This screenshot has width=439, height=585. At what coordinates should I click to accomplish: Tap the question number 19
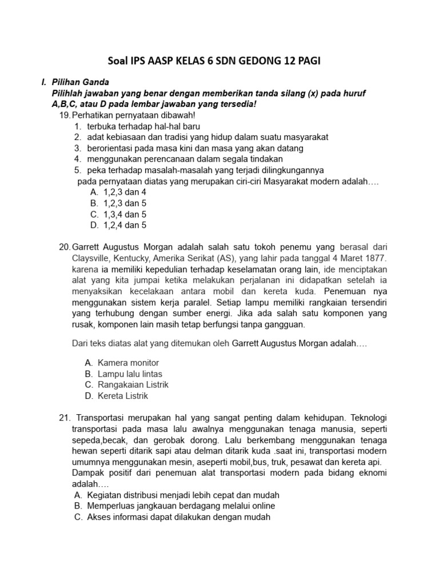point(65,115)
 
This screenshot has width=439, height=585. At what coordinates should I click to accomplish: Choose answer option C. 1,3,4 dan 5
point(118,214)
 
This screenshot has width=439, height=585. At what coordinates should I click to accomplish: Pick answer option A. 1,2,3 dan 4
point(118,193)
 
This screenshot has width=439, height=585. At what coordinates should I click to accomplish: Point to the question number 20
point(65,247)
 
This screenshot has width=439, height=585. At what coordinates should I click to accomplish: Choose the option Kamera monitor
point(128,363)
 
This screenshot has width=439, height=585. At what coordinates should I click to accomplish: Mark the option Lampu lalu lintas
point(130,374)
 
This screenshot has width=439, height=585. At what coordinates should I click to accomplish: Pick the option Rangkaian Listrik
point(133,384)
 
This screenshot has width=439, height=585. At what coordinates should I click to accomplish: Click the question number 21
point(65,418)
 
